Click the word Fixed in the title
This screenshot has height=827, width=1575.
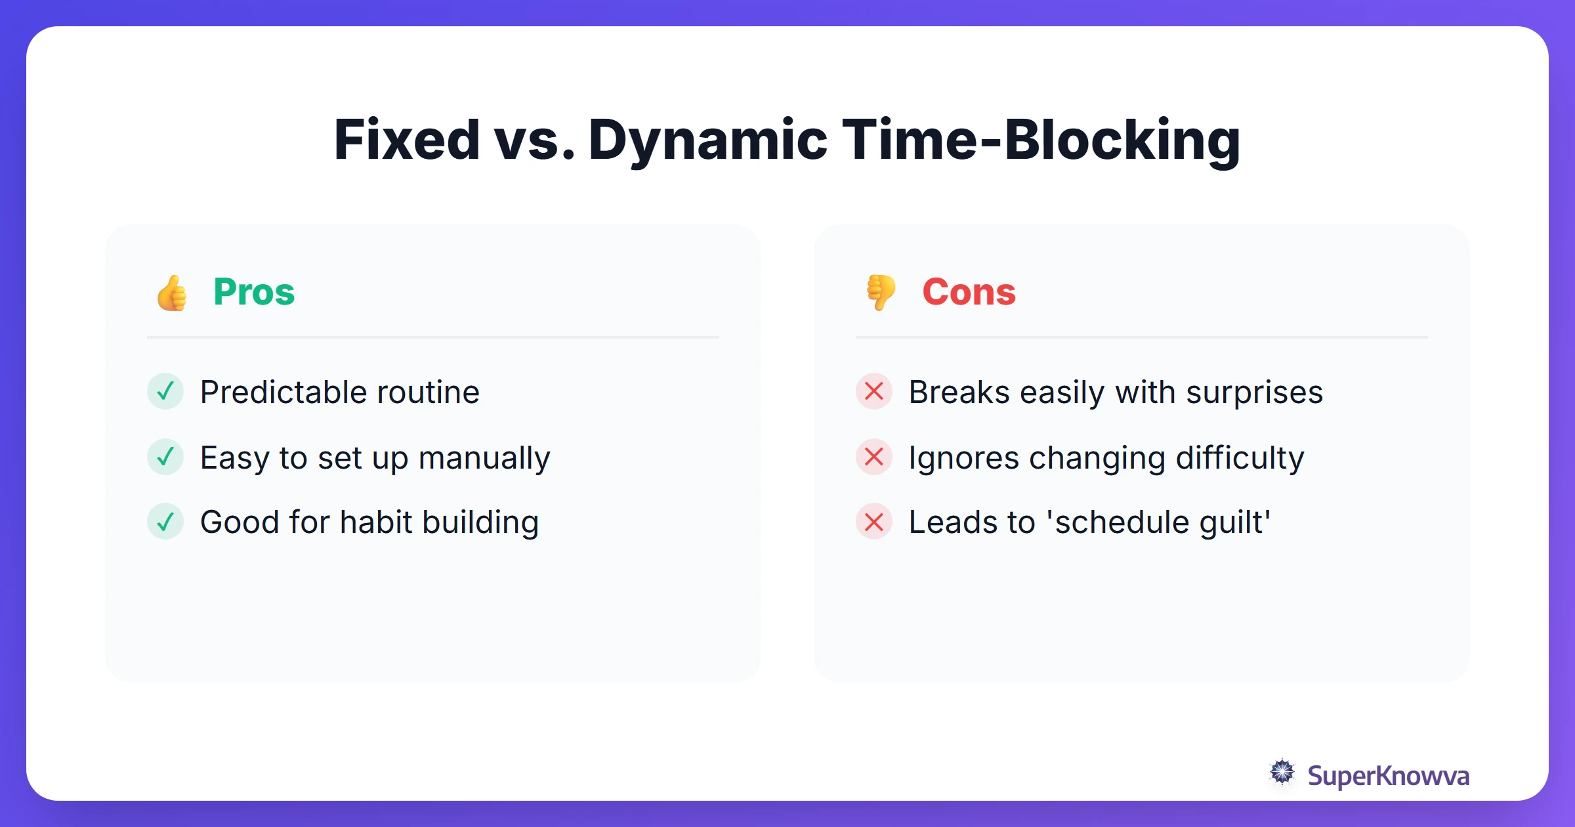(407, 140)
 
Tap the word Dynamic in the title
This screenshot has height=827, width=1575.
(707, 140)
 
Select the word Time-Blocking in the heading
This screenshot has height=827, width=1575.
(1041, 140)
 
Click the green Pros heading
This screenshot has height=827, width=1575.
(254, 292)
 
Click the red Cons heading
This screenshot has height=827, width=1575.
(969, 292)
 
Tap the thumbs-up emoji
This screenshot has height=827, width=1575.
(172, 293)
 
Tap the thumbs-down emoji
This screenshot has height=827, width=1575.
(881, 293)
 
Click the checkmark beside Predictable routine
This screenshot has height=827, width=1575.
(165, 391)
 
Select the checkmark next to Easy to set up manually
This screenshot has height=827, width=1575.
(165, 457)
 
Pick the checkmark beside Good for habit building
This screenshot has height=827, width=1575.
(165, 522)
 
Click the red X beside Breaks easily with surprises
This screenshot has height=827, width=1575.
(874, 391)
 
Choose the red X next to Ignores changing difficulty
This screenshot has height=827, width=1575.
(874, 457)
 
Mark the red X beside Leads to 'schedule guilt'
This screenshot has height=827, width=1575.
(874, 522)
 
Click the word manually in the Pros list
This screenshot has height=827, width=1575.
(484, 458)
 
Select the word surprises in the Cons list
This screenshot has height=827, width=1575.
(1254, 392)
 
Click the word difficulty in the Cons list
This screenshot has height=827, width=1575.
(1240, 458)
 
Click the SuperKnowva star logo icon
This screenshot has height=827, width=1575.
(1282, 773)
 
